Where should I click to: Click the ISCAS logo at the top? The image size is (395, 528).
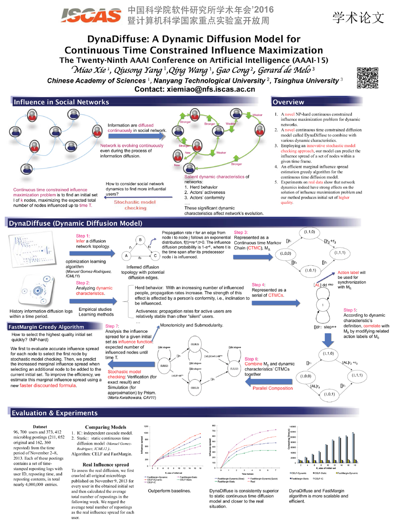(x=91, y=15)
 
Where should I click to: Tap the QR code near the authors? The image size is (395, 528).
(x=367, y=78)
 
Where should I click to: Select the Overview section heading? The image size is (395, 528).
(x=288, y=102)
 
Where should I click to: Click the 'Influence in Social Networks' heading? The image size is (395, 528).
(x=61, y=102)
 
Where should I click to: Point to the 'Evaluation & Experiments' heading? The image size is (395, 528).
(x=55, y=413)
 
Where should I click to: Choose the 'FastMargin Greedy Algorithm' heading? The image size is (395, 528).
(x=46, y=327)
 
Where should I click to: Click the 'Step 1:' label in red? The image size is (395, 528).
(x=83, y=236)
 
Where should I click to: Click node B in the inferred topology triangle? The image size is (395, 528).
(x=140, y=240)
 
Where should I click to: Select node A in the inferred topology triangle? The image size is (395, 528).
(x=126, y=256)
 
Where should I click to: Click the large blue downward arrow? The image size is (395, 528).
(x=328, y=340)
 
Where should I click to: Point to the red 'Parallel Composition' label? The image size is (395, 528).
(x=273, y=388)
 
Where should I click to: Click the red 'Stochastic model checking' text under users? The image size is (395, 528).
(x=135, y=205)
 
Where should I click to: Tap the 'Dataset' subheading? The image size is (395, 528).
(x=40, y=427)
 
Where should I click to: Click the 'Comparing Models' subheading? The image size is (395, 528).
(x=105, y=427)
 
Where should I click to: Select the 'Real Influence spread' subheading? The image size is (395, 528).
(x=105, y=465)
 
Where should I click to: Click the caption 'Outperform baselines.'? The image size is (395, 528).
(x=169, y=491)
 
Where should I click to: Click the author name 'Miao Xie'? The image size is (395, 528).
(x=89, y=70)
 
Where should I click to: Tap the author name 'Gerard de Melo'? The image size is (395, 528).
(x=284, y=70)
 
